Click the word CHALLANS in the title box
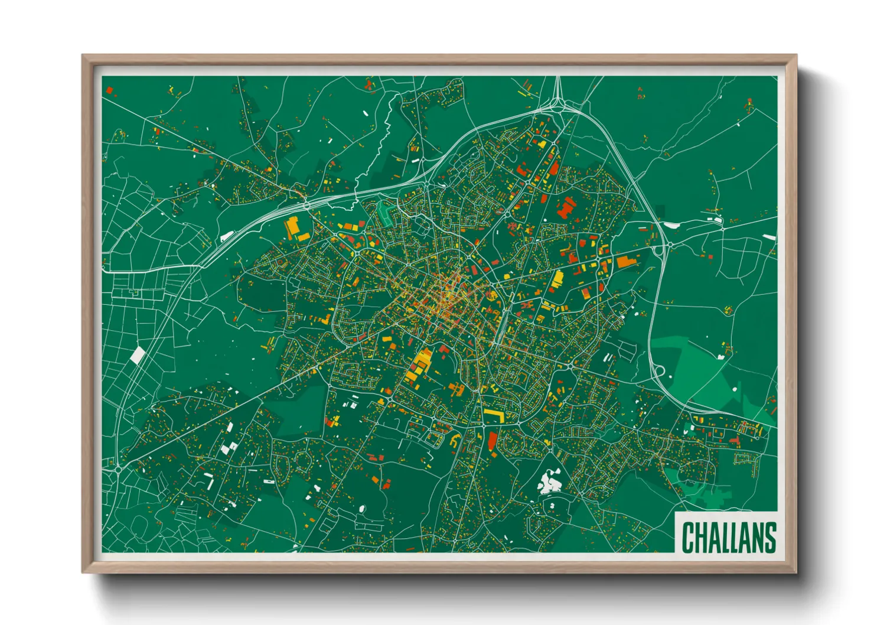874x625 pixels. pos(729,537)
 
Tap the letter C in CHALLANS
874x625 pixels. pos(687,537)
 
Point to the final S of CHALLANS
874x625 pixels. pos(770,537)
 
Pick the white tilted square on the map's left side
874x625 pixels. pos(137,355)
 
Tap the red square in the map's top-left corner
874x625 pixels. pos(109,90)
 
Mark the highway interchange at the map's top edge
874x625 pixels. pos(557,104)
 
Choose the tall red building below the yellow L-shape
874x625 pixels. pos(493,441)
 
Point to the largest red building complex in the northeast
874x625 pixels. pos(566,207)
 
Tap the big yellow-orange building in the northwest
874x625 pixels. pos(293,227)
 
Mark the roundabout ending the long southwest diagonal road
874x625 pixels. pos(118,469)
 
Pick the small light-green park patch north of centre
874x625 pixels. pos(385,213)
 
